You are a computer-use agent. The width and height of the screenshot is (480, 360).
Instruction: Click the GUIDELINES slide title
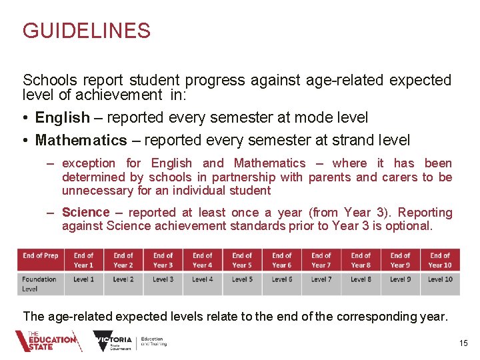coord(87,31)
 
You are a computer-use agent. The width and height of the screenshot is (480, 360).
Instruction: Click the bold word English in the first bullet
coord(62,118)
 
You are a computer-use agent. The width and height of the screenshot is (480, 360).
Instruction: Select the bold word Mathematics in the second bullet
coord(81,140)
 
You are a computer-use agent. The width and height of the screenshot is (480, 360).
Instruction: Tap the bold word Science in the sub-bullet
coord(85,212)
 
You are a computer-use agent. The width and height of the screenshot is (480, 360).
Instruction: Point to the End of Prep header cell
coord(41,259)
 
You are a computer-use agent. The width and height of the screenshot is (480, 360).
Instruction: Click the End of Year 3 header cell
coord(163,259)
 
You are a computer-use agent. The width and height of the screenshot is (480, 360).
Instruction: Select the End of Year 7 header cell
coord(321,259)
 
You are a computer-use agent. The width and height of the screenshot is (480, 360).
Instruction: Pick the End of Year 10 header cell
coord(440,259)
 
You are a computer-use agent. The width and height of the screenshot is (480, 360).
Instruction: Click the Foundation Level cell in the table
coord(40,283)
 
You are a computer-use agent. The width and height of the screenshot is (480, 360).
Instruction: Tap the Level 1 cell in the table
coord(83,279)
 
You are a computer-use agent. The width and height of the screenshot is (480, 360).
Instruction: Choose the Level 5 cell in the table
coord(242,279)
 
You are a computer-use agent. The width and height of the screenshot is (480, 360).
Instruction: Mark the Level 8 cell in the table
coord(361,279)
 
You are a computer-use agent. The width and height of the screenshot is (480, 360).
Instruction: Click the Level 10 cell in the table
coord(440,279)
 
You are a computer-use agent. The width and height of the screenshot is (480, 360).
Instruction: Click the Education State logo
coord(48,341)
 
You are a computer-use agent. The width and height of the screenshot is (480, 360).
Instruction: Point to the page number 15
coord(464,343)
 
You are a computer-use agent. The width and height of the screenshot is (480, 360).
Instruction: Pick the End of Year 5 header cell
coord(242,259)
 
